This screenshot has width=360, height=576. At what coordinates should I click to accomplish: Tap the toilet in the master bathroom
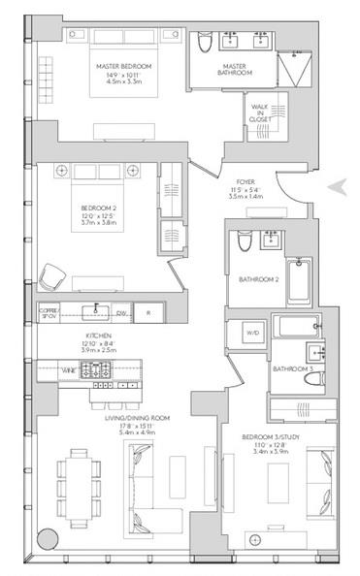[x=204, y=45]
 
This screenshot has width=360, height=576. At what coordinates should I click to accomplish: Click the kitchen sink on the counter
[x=93, y=311]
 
